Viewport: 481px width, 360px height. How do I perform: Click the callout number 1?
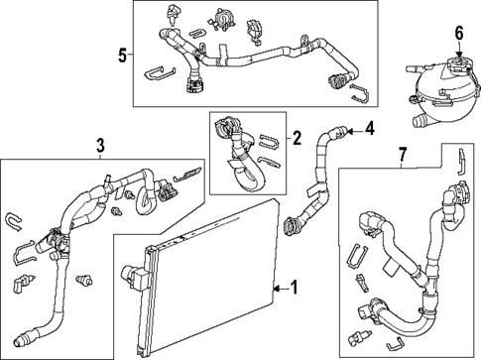293,289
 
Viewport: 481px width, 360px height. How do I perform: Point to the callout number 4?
370,128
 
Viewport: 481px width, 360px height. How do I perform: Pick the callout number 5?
122,55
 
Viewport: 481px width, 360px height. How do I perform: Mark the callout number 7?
401,156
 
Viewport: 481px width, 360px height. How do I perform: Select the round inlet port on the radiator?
131,272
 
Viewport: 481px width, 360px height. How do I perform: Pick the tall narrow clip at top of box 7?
459,158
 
